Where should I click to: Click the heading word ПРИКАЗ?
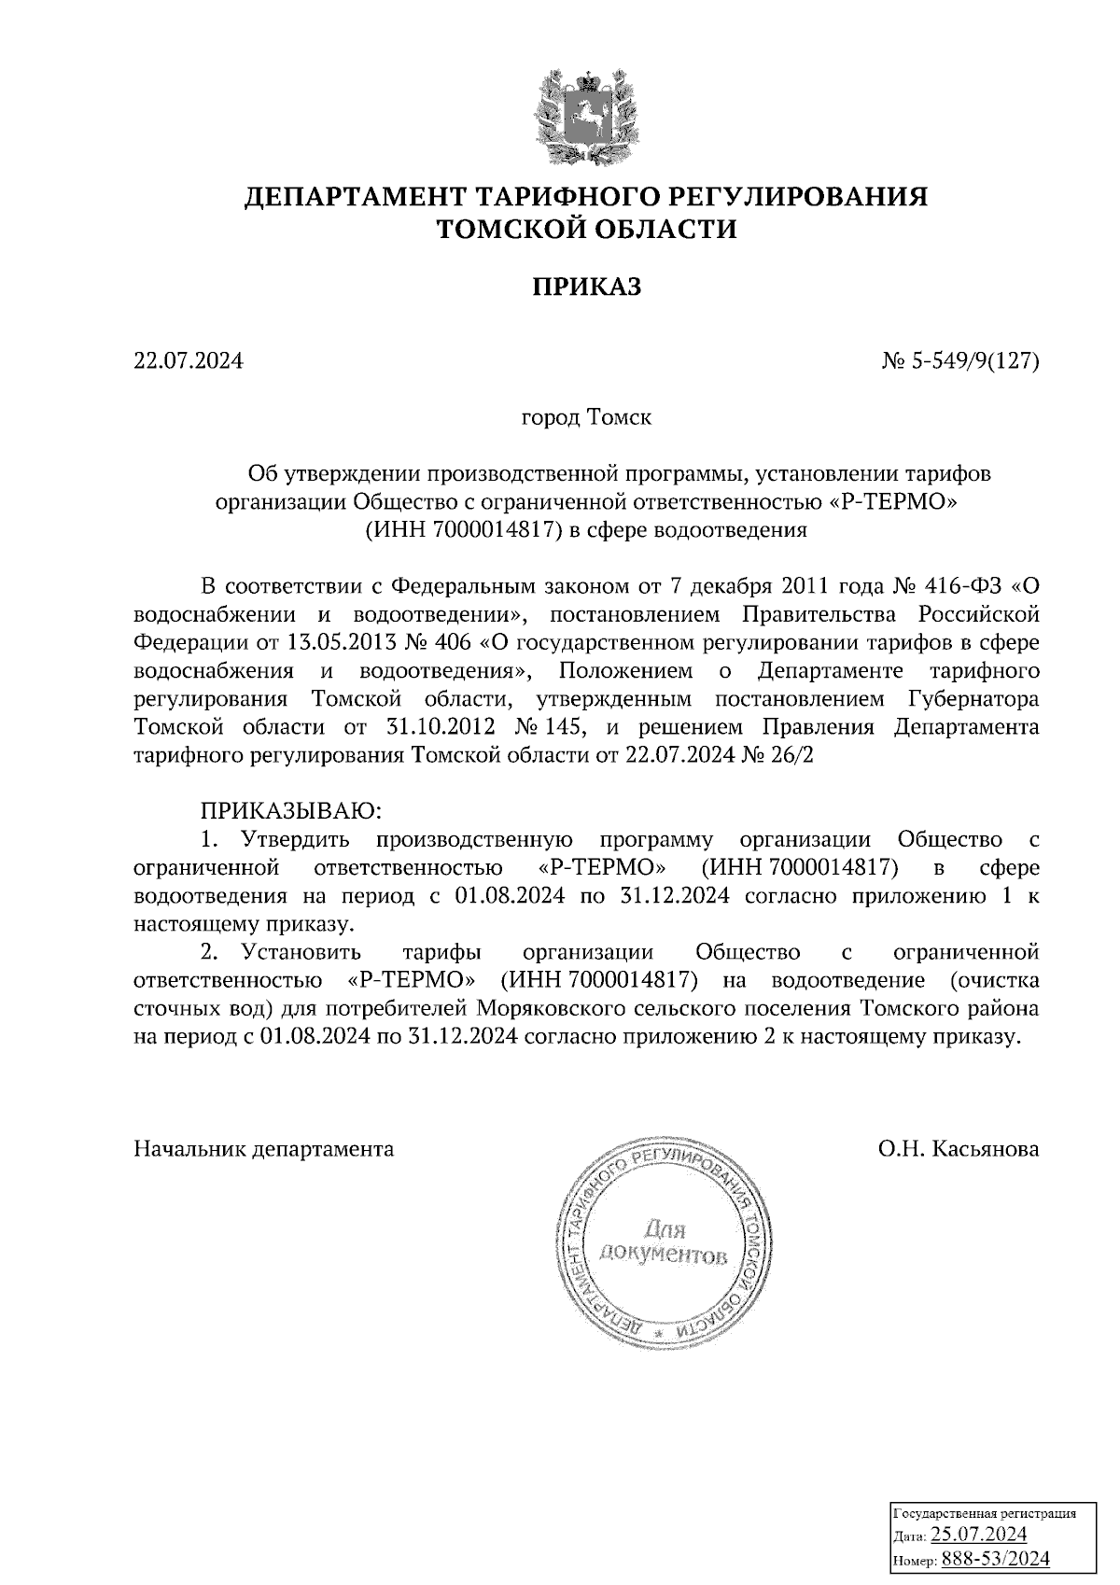click(587, 287)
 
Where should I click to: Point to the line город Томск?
click(585, 416)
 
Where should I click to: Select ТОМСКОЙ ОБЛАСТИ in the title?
click(587, 229)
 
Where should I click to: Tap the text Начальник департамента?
click(264, 1148)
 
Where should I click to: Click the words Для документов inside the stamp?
click(664, 1241)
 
